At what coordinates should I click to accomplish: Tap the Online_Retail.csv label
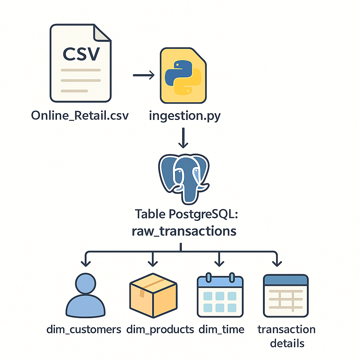80,115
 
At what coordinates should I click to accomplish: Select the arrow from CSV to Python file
143,75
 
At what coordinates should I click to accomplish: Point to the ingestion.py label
185,115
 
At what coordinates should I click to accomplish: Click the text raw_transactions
184,231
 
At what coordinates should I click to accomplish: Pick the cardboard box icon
153,295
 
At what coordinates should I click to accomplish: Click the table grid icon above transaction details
286,295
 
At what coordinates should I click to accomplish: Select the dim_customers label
84,329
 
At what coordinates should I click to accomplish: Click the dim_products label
160,329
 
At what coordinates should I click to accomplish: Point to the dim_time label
221,329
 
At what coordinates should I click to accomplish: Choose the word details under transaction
287,343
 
